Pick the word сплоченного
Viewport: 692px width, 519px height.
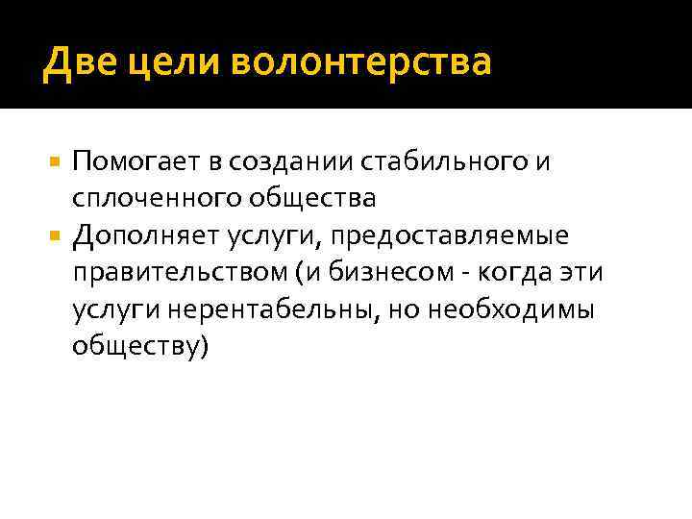click(x=156, y=199)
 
